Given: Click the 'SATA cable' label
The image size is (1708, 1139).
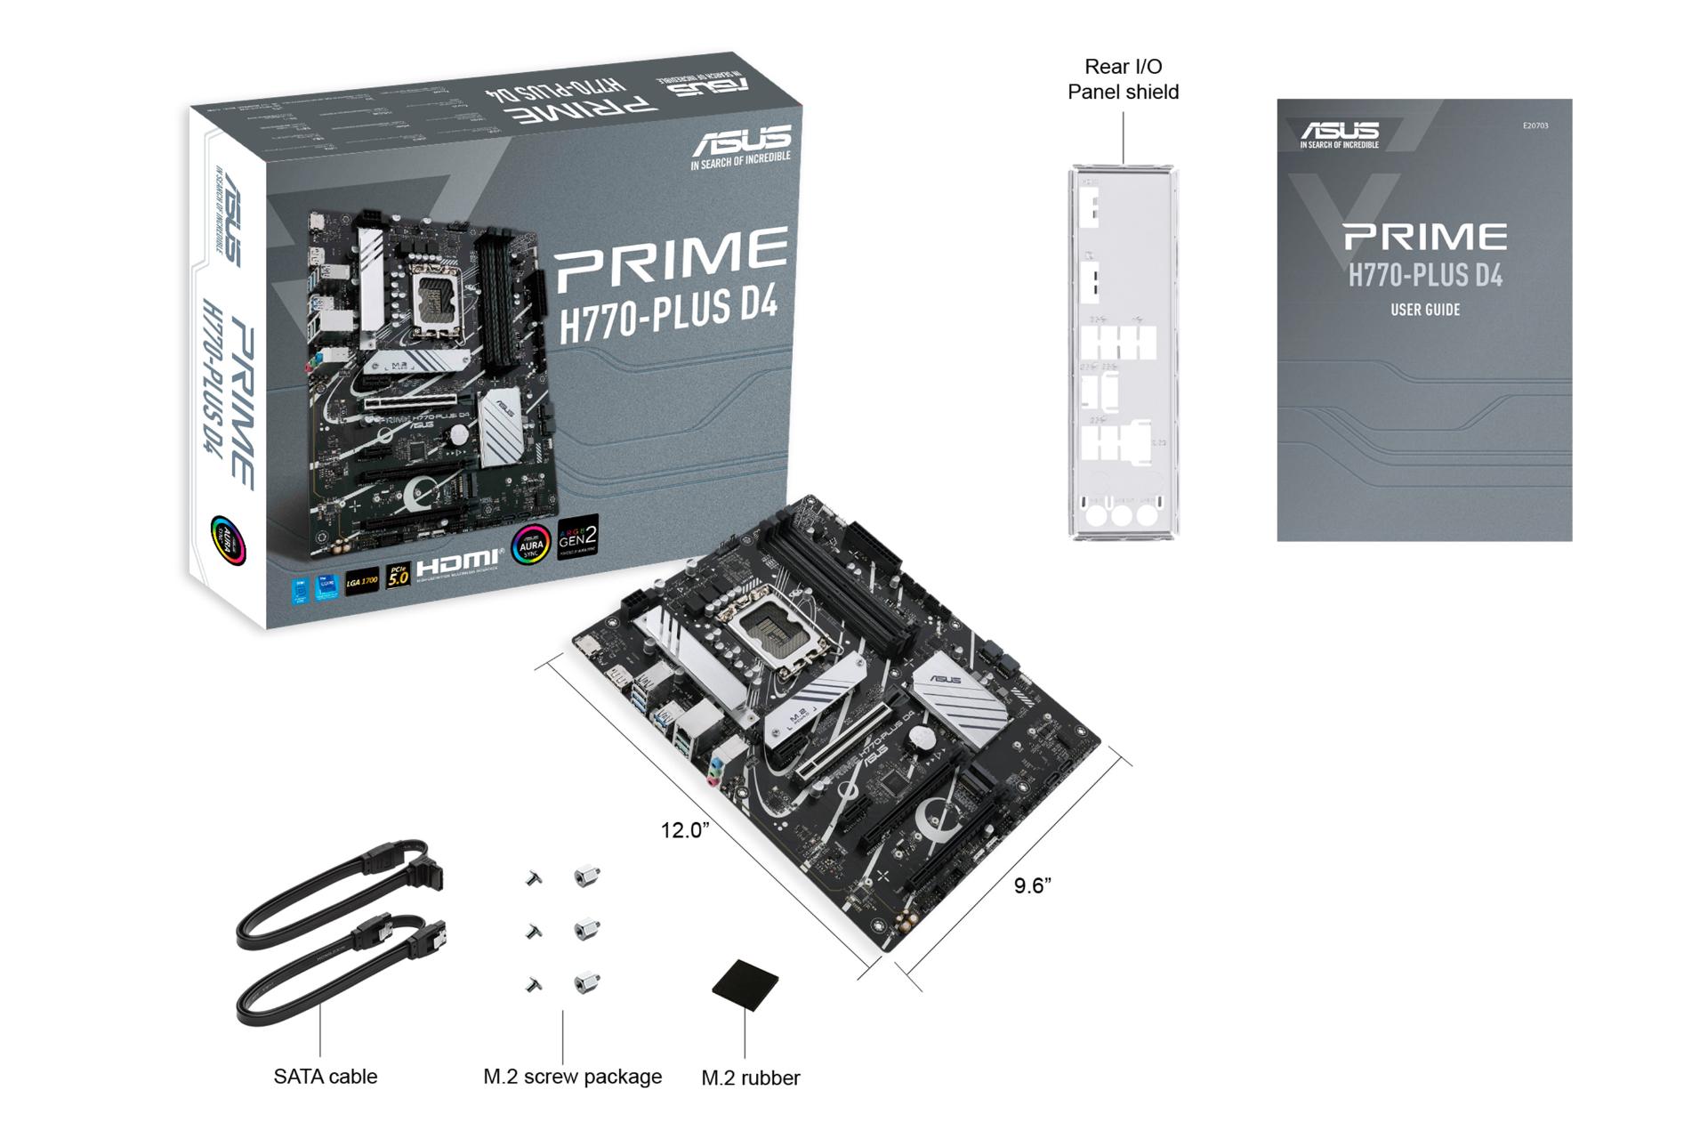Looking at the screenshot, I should pyautogui.click(x=326, y=1076).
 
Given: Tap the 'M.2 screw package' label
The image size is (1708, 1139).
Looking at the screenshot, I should pyautogui.click(x=572, y=1076).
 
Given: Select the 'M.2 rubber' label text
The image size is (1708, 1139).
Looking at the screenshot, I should pyautogui.click(x=750, y=1078).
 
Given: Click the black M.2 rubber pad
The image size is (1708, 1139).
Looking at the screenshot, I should pyautogui.click(x=745, y=984).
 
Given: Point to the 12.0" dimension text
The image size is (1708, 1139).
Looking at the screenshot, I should pyautogui.click(x=684, y=830).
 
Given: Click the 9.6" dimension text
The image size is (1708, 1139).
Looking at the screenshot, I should pyautogui.click(x=1032, y=885).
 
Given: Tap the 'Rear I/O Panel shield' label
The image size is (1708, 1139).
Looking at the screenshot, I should pyautogui.click(x=1123, y=79).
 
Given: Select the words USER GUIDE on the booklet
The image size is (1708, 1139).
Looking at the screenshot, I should pyautogui.click(x=1424, y=310).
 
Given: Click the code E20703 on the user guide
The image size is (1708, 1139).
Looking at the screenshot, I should pyautogui.click(x=1535, y=125).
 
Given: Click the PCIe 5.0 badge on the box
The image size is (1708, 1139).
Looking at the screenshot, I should pyautogui.click(x=398, y=577).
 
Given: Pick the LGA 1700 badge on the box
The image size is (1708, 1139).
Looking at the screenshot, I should pyautogui.click(x=362, y=581).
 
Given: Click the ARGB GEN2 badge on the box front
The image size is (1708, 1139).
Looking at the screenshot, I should pyautogui.click(x=577, y=537).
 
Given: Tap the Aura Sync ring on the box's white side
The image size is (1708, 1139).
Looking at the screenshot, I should pyautogui.click(x=227, y=539).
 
